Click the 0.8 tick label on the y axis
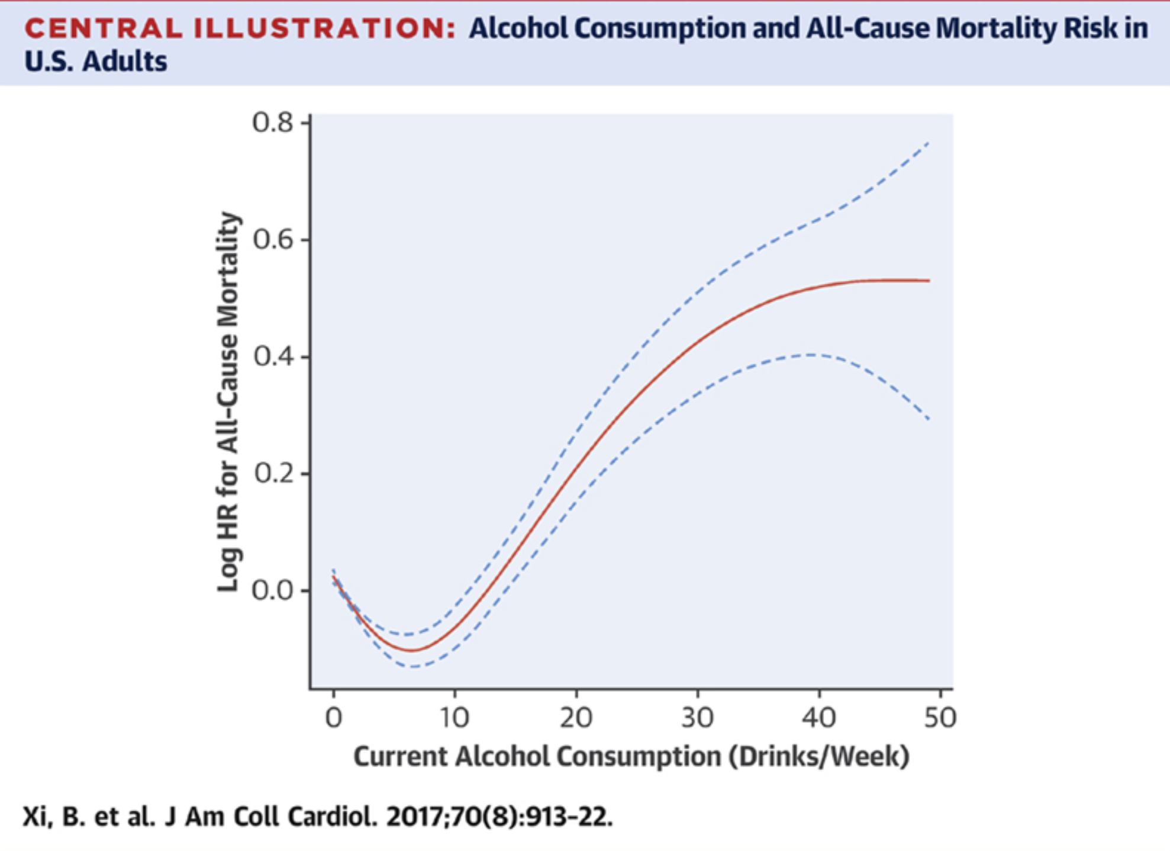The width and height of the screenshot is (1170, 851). [272, 123]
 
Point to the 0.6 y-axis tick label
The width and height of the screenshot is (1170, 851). [272, 240]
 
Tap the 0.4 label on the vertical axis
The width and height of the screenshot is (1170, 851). [272, 357]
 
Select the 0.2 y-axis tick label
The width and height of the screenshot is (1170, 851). [272, 474]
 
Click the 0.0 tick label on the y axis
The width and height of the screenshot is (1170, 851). [272, 590]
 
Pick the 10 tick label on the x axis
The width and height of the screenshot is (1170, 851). [454, 718]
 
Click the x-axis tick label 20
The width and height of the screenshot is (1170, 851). [576, 718]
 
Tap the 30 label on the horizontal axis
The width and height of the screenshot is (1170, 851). [697, 718]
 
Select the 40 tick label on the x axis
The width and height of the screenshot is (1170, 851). [818, 718]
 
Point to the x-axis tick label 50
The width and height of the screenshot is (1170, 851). [940, 718]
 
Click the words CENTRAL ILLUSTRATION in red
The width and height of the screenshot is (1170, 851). [240, 28]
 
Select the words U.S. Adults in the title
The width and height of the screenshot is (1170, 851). [95, 62]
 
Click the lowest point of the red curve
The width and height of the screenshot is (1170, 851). [411, 651]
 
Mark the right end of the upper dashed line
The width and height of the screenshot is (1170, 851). [929, 143]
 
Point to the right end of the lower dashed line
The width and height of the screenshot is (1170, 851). [929, 419]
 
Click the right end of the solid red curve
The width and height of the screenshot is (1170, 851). [929, 281]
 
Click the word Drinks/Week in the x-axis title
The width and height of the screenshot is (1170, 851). [818, 757]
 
